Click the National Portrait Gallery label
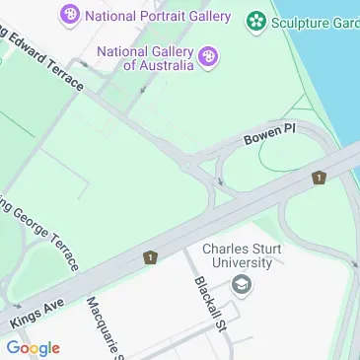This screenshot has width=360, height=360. click(x=158, y=16)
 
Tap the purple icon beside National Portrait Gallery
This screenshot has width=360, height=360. click(x=70, y=15)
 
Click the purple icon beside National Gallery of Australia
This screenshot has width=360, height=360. click(x=208, y=57)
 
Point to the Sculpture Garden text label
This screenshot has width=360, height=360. click(x=316, y=20)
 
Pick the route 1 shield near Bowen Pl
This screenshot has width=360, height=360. click(x=319, y=178)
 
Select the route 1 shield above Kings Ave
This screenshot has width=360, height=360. click(x=150, y=257)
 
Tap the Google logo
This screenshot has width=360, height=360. click(x=33, y=347)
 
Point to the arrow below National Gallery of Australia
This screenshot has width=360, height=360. click(x=144, y=88)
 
